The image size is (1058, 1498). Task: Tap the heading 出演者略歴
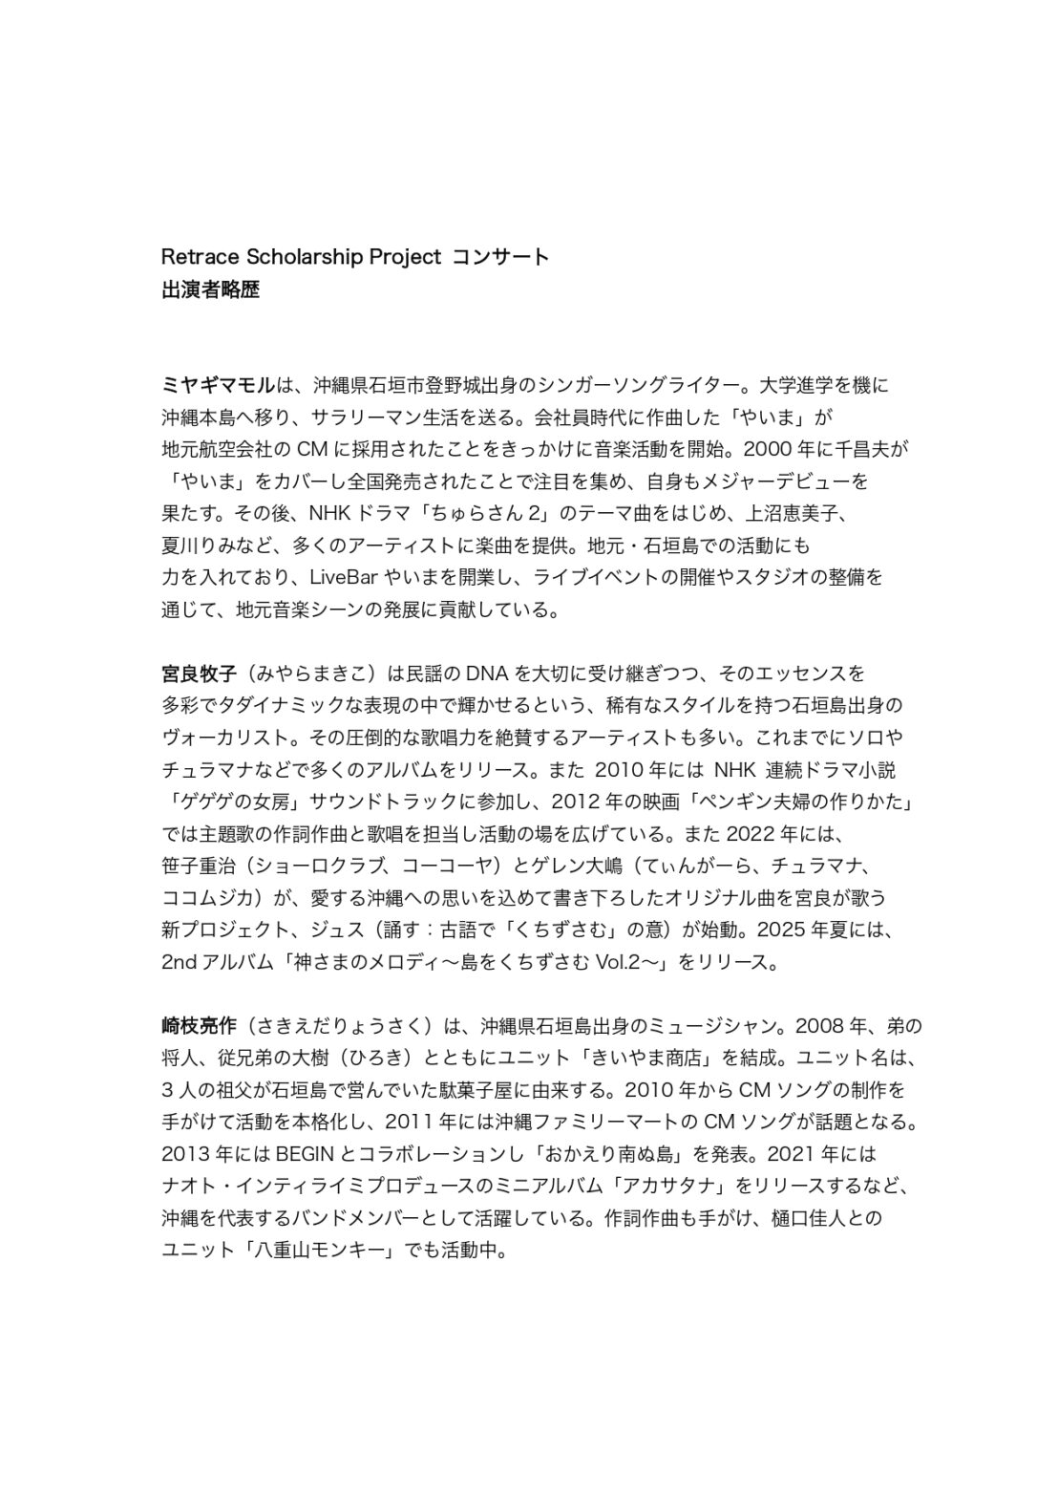(x=210, y=289)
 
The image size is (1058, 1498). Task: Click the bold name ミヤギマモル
(x=218, y=386)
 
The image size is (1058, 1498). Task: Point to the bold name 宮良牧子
(x=199, y=674)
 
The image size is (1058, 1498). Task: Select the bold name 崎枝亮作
(x=199, y=1027)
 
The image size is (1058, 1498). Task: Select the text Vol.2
(x=621, y=962)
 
